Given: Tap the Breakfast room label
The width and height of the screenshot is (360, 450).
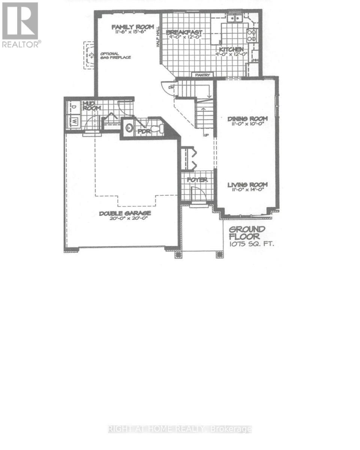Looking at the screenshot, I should [x=184, y=33].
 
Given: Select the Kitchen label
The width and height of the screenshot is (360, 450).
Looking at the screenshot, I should [x=231, y=49].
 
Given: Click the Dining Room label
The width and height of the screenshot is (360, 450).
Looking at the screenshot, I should [x=247, y=119].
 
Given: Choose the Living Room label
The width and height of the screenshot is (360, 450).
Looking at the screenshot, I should [x=247, y=184].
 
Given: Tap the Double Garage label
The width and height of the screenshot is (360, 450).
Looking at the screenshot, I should [x=125, y=213].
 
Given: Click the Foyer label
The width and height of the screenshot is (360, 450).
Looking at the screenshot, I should [x=197, y=180].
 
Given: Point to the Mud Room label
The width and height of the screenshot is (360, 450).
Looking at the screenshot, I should [x=91, y=105].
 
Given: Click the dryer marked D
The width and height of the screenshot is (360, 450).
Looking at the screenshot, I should [x=73, y=108].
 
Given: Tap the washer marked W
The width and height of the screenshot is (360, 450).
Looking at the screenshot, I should [x=74, y=121].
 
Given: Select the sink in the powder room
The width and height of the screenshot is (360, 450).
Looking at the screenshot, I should [x=129, y=127].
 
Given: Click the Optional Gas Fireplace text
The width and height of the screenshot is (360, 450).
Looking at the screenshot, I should [x=115, y=55].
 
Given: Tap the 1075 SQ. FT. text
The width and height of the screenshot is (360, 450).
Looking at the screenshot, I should [x=251, y=244].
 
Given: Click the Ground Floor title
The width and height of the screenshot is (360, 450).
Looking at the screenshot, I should [x=247, y=233].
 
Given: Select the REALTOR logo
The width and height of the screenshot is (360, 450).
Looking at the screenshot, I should [x=20, y=25].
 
